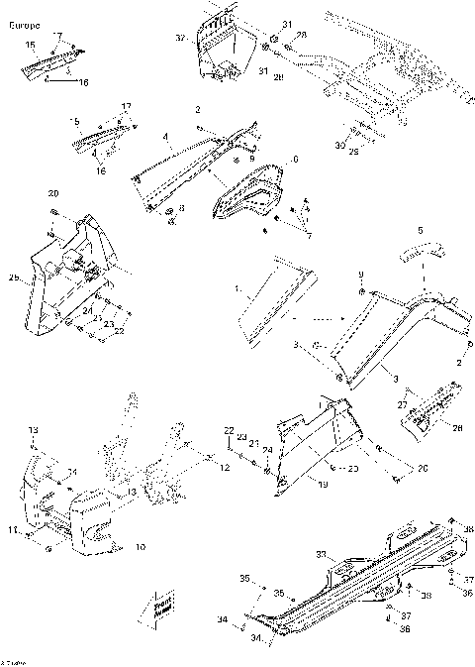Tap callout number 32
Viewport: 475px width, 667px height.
point(181,38)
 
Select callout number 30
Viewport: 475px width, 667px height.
point(338,146)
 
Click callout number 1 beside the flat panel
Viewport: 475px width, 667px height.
point(237,290)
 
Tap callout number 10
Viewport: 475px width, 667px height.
point(140,546)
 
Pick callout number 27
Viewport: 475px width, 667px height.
point(403,404)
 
